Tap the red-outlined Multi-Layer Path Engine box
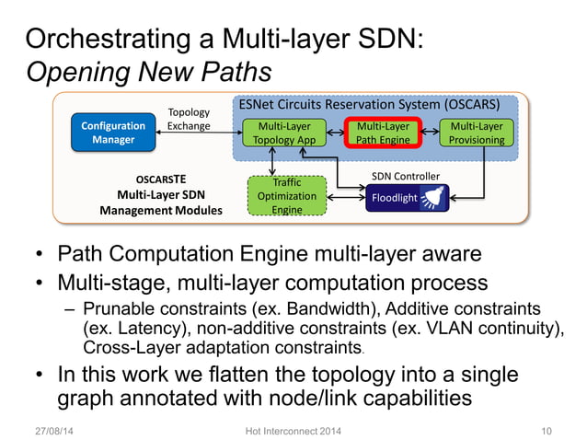pyautogui.click(x=382, y=133)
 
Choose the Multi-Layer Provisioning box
pyautogui.click(x=477, y=133)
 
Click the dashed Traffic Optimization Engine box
pyautogui.click(x=287, y=196)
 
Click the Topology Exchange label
pyautogui.click(x=189, y=120)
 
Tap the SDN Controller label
pyautogui.click(x=405, y=176)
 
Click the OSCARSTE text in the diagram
pyautogui.click(x=161, y=179)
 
